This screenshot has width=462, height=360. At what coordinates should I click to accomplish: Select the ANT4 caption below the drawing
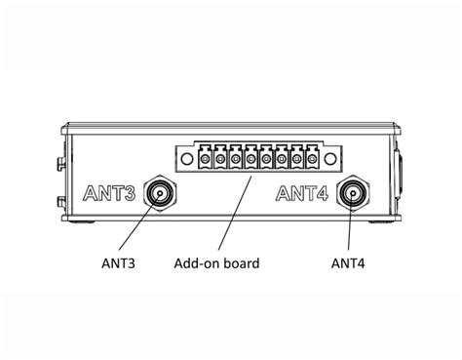(x=349, y=261)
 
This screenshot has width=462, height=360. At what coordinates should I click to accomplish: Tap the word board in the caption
(x=240, y=261)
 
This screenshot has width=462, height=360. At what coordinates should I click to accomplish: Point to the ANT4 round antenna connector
(x=351, y=195)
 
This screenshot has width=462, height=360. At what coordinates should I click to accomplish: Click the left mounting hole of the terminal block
(x=182, y=156)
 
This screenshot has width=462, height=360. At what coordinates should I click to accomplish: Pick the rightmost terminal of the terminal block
(x=313, y=157)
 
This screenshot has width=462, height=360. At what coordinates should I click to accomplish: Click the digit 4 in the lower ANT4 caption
(x=364, y=261)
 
